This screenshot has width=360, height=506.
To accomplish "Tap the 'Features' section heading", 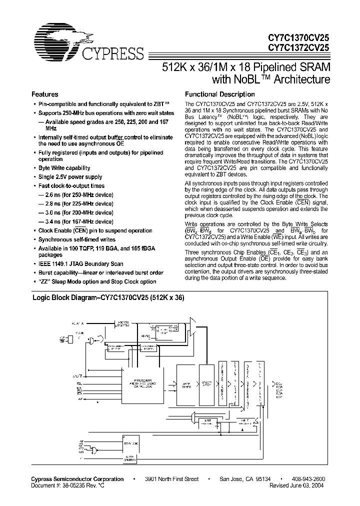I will coord(45,94).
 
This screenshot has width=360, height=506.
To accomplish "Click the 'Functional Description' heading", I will coord(220,94).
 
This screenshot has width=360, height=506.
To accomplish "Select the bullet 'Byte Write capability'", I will coord(64,168).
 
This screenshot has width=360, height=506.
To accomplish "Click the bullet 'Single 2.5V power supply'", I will coord(70,177).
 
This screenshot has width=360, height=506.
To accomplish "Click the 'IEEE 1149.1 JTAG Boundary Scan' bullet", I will coord(80,264).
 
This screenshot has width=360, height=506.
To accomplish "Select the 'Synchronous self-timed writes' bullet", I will coord(77,239).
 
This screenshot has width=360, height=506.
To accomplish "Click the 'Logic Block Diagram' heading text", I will coord(108,297).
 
